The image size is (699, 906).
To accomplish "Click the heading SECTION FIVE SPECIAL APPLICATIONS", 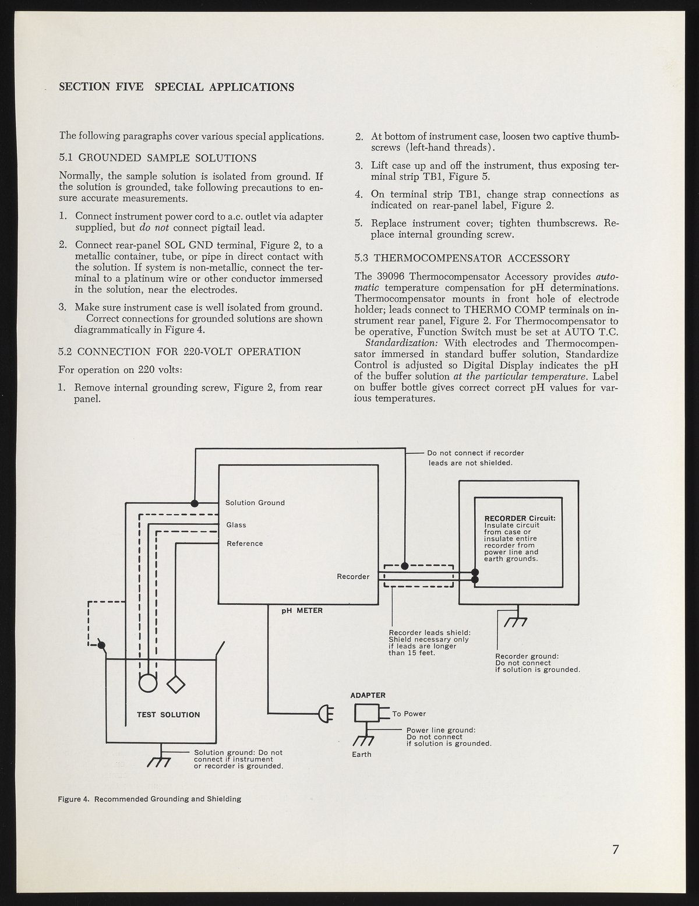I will click(176, 87).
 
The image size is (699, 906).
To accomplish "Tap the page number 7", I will click(615, 849).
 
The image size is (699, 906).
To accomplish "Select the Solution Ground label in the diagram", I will click(255, 503).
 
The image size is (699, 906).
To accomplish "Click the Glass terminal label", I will click(236, 525).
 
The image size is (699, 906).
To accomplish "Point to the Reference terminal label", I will click(245, 544).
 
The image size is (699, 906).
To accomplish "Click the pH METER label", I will click(302, 611).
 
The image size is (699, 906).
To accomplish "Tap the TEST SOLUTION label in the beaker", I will click(168, 715).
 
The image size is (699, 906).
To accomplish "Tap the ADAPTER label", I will click(368, 695).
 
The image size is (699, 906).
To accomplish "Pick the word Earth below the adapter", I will click(362, 755).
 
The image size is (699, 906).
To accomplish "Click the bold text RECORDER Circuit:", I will click(520, 519).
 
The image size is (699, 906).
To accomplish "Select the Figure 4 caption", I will click(150, 799).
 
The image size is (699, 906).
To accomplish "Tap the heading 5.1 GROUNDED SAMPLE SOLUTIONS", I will click(158, 158).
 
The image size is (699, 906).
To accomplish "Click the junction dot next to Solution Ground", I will click(195, 503).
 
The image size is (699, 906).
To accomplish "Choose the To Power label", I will click(409, 714).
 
